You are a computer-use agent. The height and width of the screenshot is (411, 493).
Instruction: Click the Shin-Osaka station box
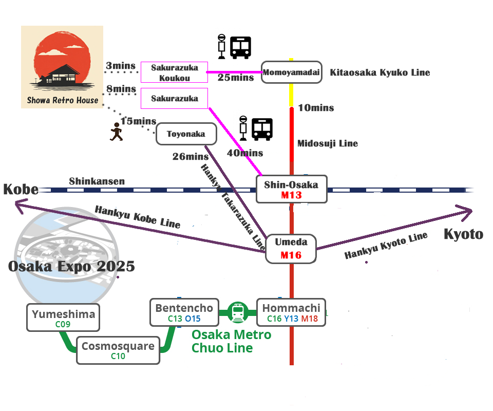point(291,189)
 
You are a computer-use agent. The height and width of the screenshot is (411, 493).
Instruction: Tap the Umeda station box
point(291,249)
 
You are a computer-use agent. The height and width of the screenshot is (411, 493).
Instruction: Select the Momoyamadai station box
point(291,73)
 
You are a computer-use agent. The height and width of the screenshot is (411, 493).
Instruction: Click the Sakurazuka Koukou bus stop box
point(174,72)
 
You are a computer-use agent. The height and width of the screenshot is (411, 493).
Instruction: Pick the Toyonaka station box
point(186,134)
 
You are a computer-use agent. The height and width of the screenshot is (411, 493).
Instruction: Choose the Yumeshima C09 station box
point(63,318)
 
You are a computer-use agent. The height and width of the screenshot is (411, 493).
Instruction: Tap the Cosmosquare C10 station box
point(118,350)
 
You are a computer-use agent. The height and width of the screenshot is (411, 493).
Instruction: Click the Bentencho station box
point(184,312)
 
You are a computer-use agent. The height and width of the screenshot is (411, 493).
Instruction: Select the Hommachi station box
point(291,312)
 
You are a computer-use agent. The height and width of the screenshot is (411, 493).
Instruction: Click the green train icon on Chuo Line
point(237,312)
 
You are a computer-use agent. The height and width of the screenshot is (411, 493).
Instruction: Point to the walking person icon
point(117,134)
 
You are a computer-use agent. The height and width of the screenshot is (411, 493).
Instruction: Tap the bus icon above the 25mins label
point(240,47)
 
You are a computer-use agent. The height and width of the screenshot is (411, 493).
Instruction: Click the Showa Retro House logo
point(62,67)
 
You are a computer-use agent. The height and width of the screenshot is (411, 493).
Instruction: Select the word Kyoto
point(463,234)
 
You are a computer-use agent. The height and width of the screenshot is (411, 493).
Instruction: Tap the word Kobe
point(21,189)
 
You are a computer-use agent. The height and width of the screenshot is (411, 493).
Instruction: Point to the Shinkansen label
point(97,181)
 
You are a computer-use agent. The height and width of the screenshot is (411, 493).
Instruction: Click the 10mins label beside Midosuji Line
point(316,108)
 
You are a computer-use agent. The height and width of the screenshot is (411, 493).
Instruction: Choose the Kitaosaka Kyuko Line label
point(380,73)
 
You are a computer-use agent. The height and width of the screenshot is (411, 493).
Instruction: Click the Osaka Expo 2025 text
point(71,267)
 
